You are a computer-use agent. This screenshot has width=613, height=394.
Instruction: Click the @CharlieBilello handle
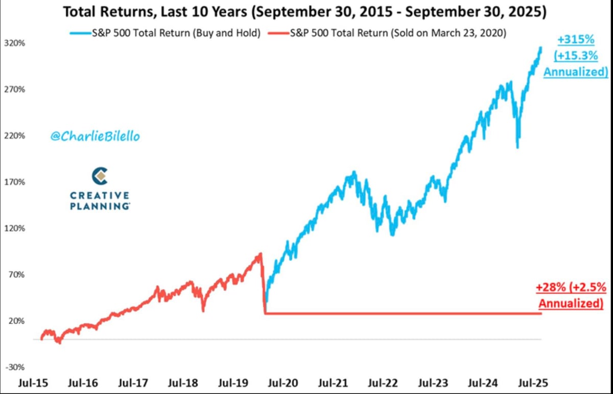(x=95, y=137)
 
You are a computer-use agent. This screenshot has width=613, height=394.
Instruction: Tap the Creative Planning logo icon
(x=100, y=177)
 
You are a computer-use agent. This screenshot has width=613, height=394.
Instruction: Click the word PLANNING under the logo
(x=99, y=206)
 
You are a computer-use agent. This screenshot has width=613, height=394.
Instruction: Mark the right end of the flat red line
(x=541, y=313)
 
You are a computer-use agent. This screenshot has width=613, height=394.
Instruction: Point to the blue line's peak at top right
(x=540, y=48)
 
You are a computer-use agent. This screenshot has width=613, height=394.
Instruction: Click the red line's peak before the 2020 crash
(x=261, y=253)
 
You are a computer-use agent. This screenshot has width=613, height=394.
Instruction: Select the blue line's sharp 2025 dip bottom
(x=517, y=147)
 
